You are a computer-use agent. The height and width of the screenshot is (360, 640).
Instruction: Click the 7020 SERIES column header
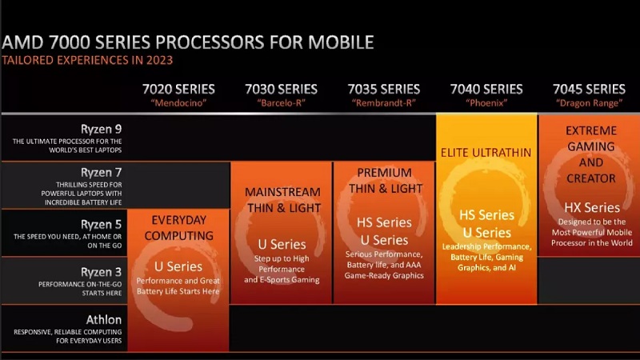coord(178,89)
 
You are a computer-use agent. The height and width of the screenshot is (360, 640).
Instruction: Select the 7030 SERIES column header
coord(281,89)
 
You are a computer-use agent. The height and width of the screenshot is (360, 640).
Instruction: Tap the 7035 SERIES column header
coord(383,89)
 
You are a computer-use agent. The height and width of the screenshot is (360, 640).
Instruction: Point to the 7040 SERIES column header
coord(486,89)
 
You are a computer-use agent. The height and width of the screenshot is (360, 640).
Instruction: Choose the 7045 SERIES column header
coord(589,89)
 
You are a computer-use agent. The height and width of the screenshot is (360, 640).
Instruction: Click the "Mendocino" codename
coord(178,102)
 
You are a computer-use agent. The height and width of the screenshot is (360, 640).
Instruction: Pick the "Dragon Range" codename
coord(589,102)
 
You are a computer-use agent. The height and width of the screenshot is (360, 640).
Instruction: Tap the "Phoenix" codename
coord(486,102)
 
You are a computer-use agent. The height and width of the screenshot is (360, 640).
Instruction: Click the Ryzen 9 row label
coord(101,128)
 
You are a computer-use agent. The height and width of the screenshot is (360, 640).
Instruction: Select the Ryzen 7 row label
coord(101,173)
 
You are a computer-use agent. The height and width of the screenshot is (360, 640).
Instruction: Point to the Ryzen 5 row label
coord(101,224)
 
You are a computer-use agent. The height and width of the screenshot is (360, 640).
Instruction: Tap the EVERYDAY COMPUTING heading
coord(178,228)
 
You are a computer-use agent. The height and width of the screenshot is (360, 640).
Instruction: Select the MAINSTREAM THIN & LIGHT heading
coord(282,200)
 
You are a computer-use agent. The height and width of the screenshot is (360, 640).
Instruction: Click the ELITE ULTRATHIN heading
coord(486,152)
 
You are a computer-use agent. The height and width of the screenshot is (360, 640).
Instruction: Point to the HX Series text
coord(590,208)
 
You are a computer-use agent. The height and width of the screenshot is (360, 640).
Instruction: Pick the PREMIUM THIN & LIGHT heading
coord(384,181)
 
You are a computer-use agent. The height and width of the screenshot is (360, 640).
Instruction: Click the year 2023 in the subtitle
coord(158,60)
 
